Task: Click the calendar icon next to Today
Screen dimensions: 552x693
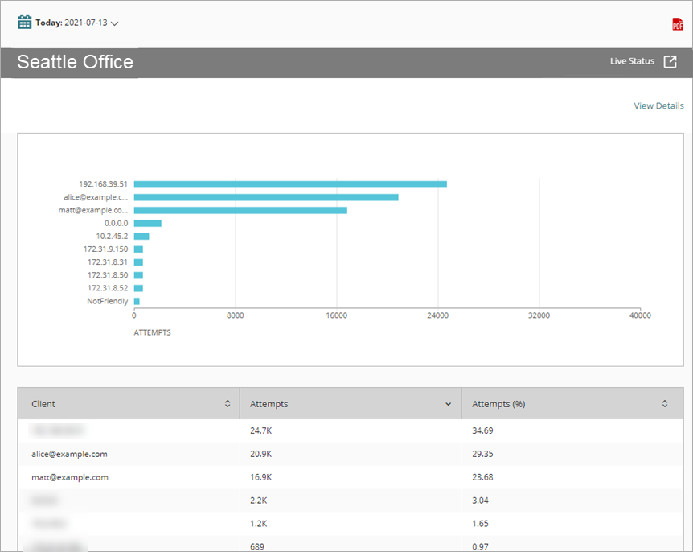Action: click(25, 23)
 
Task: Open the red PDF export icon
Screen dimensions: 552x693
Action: click(677, 24)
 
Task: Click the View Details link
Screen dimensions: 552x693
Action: click(658, 105)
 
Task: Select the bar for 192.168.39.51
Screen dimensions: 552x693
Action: click(289, 184)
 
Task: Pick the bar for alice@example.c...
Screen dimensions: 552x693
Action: click(265, 197)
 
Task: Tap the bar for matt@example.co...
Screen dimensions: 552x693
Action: click(240, 210)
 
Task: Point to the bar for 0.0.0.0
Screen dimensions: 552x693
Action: click(147, 223)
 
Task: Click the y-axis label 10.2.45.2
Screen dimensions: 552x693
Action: click(112, 236)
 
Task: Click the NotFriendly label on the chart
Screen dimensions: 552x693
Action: click(107, 301)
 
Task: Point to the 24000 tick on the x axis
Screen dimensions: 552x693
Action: click(437, 315)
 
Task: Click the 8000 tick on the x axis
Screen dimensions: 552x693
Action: click(235, 315)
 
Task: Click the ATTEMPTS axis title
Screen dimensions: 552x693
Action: click(152, 332)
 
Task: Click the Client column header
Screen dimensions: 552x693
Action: click(44, 404)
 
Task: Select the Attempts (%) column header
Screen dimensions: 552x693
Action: click(498, 404)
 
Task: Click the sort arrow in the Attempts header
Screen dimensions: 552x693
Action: click(448, 404)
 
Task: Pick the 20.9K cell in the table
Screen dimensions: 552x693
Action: click(261, 454)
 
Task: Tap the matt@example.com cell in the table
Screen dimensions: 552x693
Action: click(69, 477)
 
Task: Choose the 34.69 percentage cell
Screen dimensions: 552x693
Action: click(482, 430)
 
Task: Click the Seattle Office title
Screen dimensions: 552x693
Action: click(76, 62)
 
